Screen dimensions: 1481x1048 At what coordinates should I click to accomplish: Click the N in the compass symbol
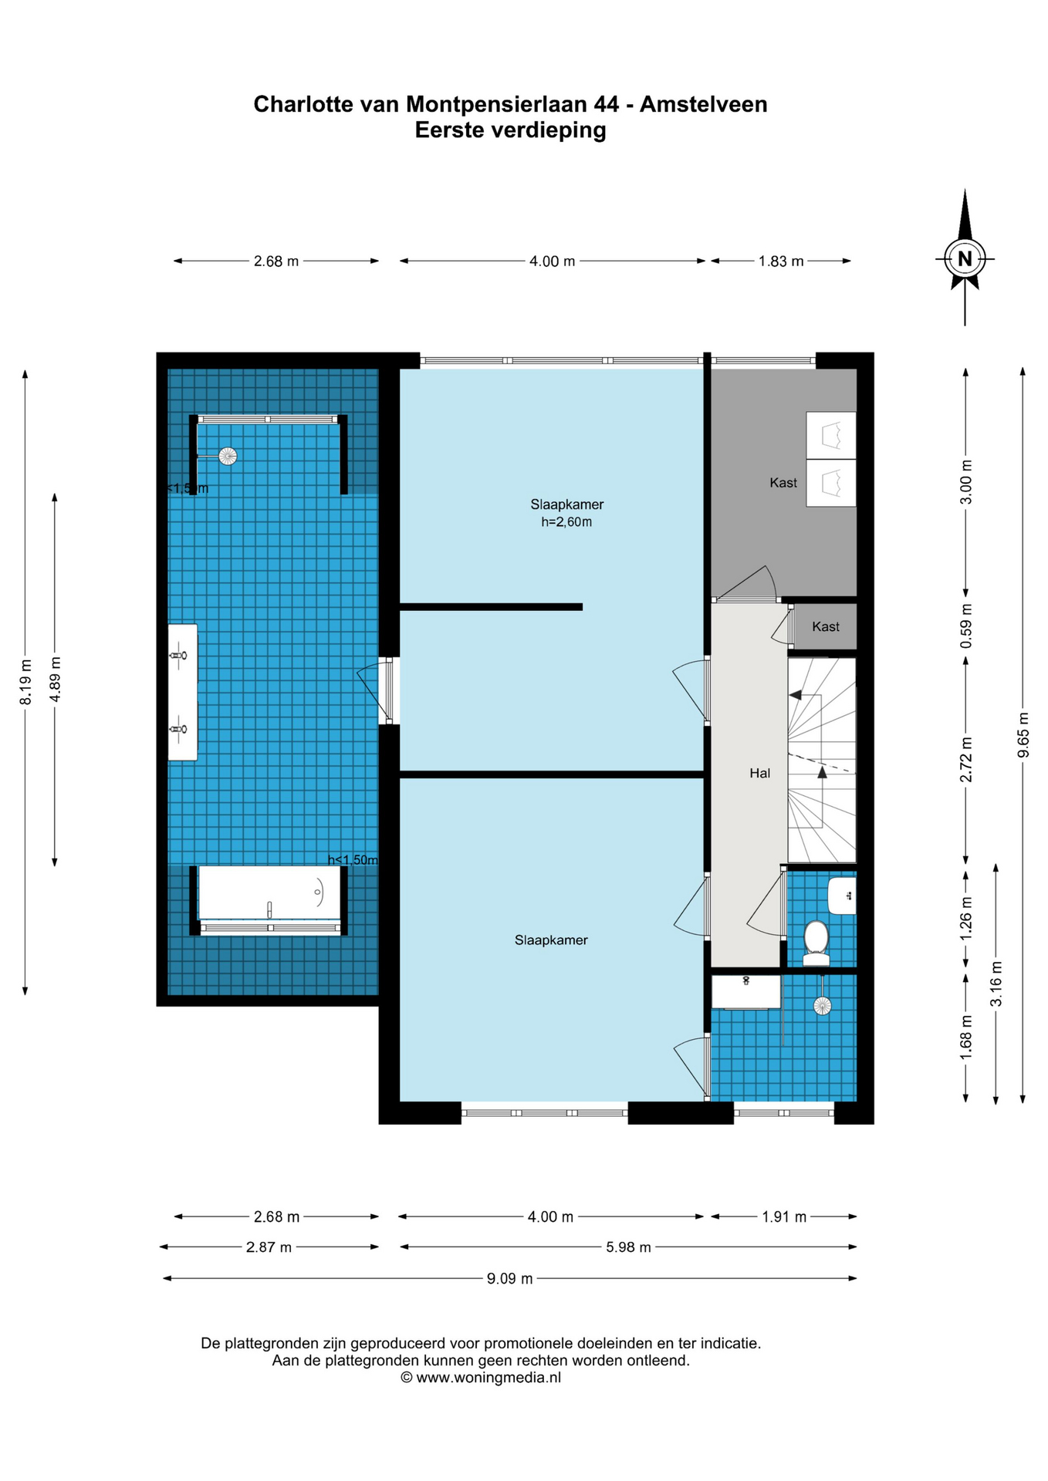964,258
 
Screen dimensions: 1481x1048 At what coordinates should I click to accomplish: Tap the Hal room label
759,773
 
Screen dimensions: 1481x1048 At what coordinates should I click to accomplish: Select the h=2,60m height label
566,522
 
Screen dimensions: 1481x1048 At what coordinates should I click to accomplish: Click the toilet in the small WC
816,940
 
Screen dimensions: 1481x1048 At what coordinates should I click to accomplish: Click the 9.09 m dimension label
509,1278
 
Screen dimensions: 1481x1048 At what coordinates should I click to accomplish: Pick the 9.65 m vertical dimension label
1023,744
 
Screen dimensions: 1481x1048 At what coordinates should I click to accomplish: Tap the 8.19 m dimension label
25,682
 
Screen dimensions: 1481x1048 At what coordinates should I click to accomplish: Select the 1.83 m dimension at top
780,261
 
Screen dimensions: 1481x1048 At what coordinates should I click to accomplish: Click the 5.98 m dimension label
628,1247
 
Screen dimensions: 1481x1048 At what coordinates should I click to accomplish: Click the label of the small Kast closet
825,627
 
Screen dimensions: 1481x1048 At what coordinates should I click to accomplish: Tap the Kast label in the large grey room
783,483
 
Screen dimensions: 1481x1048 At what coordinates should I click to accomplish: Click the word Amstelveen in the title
703,104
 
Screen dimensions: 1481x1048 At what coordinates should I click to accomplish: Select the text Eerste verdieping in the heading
510,130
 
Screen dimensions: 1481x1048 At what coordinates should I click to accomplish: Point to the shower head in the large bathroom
227,456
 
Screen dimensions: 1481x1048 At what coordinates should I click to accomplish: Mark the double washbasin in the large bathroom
182,692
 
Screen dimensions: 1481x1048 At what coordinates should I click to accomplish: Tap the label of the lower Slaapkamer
551,940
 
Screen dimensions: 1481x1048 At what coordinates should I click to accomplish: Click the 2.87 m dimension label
269,1247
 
